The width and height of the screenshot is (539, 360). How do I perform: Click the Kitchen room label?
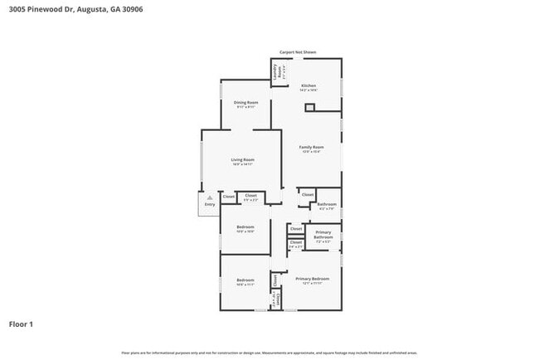pyautogui.click(x=308, y=86)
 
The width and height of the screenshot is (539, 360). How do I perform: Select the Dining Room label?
pyautogui.click(x=245, y=102)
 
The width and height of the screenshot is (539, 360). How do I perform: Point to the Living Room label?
pyautogui.click(x=242, y=159)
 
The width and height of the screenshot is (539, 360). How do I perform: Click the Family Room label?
pyautogui.click(x=311, y=147)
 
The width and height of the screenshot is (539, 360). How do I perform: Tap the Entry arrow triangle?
pyautogui.click(x=210, y=197)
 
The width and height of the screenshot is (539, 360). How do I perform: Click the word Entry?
pyautogui.click(x=209, y=204)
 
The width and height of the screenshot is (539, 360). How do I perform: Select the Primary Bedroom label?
pyautogui.click(x=313, y=279)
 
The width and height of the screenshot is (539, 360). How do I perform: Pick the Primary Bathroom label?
pyautogui.click(x=323, y=235)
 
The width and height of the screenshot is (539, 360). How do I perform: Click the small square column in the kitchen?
pyautogui.click(x=310, y=106)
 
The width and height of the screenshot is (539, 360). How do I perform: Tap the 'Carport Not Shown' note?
pyautogui.click(x=298, y=52)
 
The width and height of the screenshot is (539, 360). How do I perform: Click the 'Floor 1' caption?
pyautogui.click(x=21, y=324)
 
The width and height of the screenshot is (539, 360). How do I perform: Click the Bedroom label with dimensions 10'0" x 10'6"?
pyautogui.click(x=245, y=226)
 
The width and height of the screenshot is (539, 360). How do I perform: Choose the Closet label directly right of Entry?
pyautogui.click(x=228, y=197)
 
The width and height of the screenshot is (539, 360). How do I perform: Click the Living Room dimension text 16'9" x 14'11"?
pyautogui.click(x=242, y=164)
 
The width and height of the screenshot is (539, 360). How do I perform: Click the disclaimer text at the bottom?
pyautogui.click(x=269, y=353)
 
